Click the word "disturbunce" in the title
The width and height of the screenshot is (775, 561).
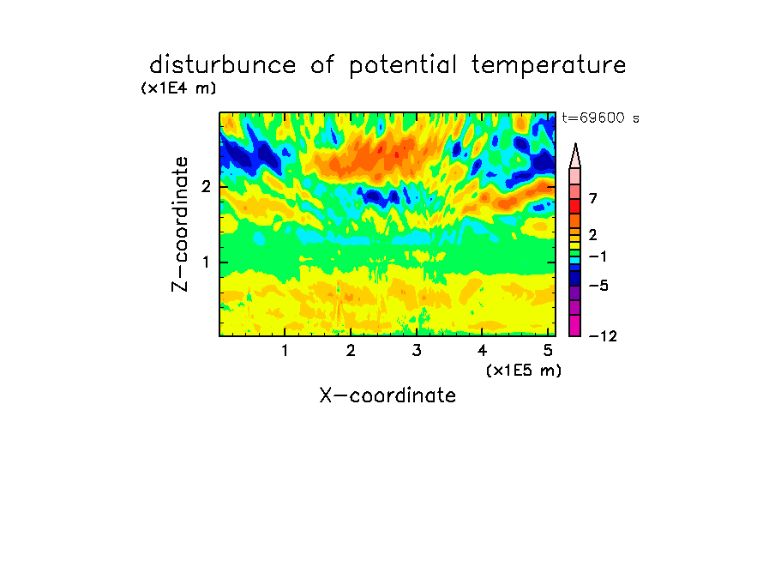coord(223,65)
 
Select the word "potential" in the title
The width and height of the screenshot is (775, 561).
coord(403,66)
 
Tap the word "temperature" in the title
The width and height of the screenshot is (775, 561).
coord(549,66)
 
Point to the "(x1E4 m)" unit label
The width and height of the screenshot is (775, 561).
coord(178,88)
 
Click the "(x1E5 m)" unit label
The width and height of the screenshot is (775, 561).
coord(524,370)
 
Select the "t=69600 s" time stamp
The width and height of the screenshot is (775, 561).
coord(600,118)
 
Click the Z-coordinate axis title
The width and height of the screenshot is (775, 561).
coord(180,224)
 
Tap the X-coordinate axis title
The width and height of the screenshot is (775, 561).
coord(387,395)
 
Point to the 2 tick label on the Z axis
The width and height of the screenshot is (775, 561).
coord(206,187)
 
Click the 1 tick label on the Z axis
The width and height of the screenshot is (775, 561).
coord(206,262)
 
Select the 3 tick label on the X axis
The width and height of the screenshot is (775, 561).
coord(417,351)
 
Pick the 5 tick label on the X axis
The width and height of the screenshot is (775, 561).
coord(548,351)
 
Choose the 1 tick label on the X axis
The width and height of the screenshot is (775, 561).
coord(285,351)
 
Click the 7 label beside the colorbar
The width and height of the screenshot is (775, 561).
coord(593,198)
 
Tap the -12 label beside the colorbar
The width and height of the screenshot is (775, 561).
coord(603,336)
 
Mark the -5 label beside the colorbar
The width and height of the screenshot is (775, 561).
coord(598,286)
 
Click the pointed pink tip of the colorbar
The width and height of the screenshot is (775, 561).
coord(575,144)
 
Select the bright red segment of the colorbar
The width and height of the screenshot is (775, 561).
coord(575,206)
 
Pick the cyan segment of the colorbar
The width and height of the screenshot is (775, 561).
coord(575,260)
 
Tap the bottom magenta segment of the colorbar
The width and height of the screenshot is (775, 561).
coord(575,325)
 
